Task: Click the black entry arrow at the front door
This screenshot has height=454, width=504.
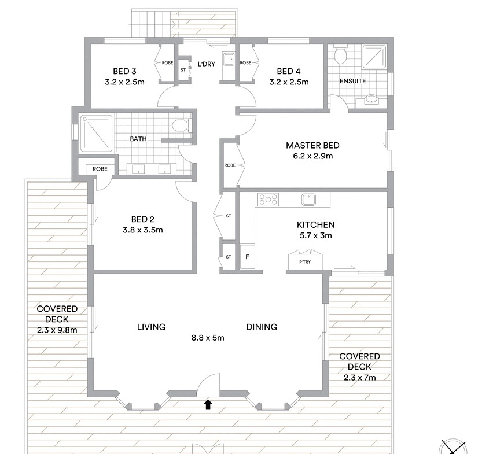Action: (x=208, y=404)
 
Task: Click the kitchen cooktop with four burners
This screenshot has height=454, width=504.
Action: (x=268, y=199)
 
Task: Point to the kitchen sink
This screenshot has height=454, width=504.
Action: (x=308, y=199)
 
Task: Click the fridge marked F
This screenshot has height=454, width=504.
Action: (x=248, y=257)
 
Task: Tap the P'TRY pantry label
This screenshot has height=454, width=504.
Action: (x=305, y=262)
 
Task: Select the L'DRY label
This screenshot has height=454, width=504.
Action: (x=207, y=64)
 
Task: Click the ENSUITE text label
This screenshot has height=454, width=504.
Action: (x=352, y=81)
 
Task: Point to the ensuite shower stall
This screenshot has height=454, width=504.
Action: (x=374, y=57)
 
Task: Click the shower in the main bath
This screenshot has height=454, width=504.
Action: (x=97, y=134)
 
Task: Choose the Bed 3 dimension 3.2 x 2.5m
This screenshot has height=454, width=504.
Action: (x=125, y=82)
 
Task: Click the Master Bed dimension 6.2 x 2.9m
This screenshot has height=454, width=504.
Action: (x=312, y=156)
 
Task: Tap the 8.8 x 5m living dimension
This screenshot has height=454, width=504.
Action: (x=208, y=338)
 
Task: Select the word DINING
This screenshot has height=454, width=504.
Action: (x=262, y=327)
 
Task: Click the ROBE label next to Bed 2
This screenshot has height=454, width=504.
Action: (x=100, y=169)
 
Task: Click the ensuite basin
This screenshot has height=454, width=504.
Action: (x=372, y=99)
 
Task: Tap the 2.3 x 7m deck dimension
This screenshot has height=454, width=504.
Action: (x=360, y=378)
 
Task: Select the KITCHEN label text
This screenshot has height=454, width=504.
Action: (x=315, y=224)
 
